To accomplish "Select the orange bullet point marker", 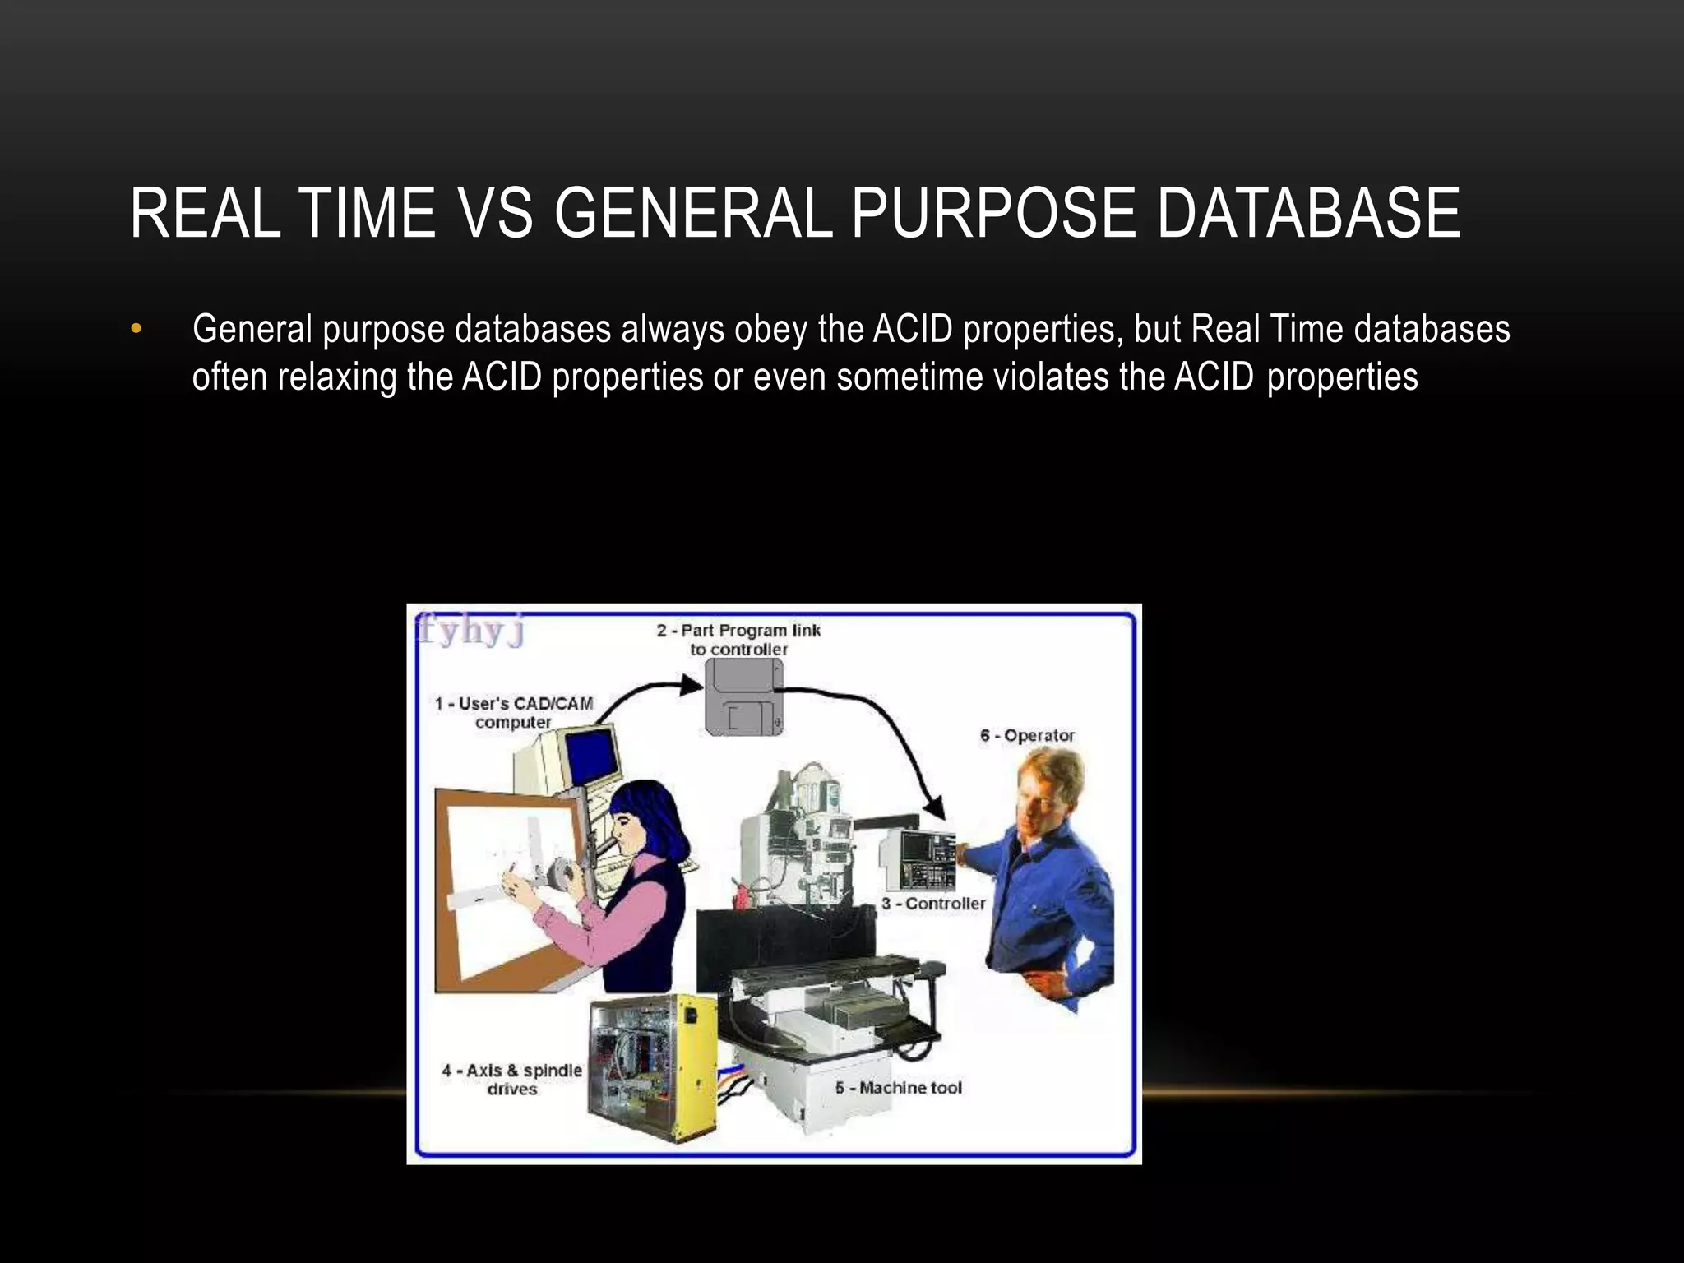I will point(136,331).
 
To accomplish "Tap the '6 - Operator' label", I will point(1027,735).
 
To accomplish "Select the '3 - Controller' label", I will point(933,903).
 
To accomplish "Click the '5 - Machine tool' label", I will point(898,1087).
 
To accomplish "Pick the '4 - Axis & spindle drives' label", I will point(511,1079).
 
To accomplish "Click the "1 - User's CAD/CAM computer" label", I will point(514,712).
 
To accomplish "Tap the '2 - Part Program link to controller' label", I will point(738,640).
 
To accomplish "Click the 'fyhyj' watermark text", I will point(470,631).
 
